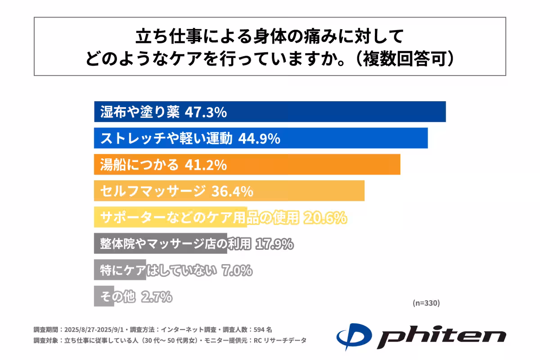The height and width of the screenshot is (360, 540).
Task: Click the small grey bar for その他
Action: [103, 297]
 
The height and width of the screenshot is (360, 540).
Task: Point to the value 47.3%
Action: [206, 112]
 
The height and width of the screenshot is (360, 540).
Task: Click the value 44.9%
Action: [259, 139]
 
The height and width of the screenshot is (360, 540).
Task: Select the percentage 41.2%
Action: [206, 165]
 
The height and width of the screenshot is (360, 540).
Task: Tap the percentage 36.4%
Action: [232, 191]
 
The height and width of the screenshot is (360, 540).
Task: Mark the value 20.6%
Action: [325, 218]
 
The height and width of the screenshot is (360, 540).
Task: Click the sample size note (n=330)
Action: [426, 303]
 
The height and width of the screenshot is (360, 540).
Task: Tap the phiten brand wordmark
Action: [441, 337]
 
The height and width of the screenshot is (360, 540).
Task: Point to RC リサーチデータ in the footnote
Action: [284, 341]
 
